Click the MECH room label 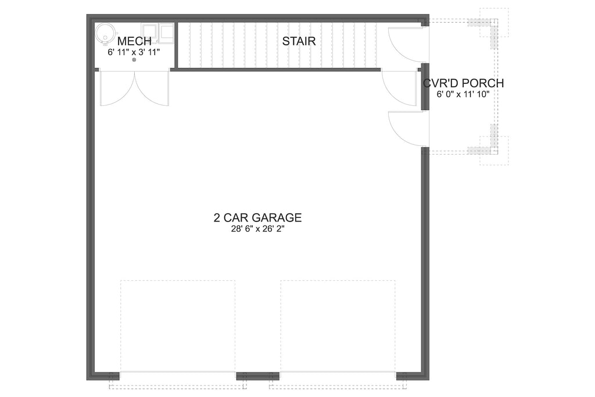pos(134,41)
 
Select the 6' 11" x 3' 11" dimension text pos(134,52)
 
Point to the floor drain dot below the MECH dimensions pos(134,60)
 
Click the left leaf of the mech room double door pos(117,88)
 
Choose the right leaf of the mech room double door pos(152,88)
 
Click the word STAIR pos(299,41)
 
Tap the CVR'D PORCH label pos(464,83)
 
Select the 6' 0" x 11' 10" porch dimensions pos(463,95)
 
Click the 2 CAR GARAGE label pos(257,217)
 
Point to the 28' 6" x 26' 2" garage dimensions pos(257,229)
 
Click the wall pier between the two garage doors pos(258,376)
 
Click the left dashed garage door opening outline pos(178,327)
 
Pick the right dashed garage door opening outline pos(338,327)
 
